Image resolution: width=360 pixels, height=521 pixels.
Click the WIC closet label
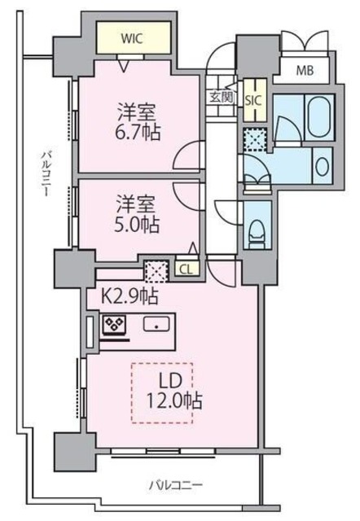tap(134, 37)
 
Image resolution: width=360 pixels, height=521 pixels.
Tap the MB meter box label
tap(305, 69)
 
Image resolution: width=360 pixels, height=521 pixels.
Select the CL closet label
tap(185, 269)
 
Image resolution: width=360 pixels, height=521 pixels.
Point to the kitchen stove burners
tap(112, 326)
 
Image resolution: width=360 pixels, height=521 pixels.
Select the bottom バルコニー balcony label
tap(175, 486)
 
